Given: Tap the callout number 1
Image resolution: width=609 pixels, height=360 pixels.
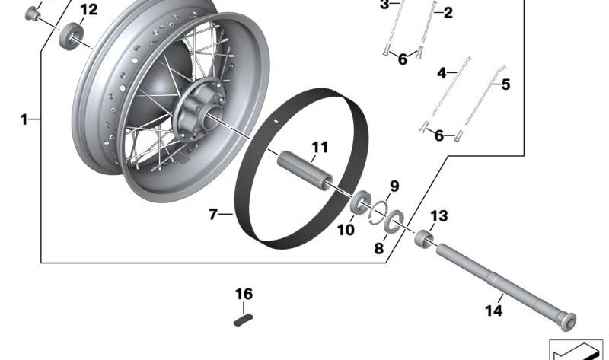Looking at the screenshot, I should [24, 119].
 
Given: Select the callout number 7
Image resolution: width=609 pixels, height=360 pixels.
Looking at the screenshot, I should [214, 215].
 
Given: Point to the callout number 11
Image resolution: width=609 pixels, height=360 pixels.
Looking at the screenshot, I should [318, 146].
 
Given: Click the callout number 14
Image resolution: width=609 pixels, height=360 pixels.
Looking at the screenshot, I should [493, 311].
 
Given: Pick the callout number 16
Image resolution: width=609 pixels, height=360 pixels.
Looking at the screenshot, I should [243, 294].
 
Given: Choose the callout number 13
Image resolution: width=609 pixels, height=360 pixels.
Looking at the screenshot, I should [440, 216].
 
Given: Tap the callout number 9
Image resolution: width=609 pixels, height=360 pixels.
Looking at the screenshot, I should [394, 186].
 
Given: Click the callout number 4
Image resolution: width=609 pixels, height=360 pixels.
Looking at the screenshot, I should [442, 73].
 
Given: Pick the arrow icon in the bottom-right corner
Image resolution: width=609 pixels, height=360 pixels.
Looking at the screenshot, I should [576, 349].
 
